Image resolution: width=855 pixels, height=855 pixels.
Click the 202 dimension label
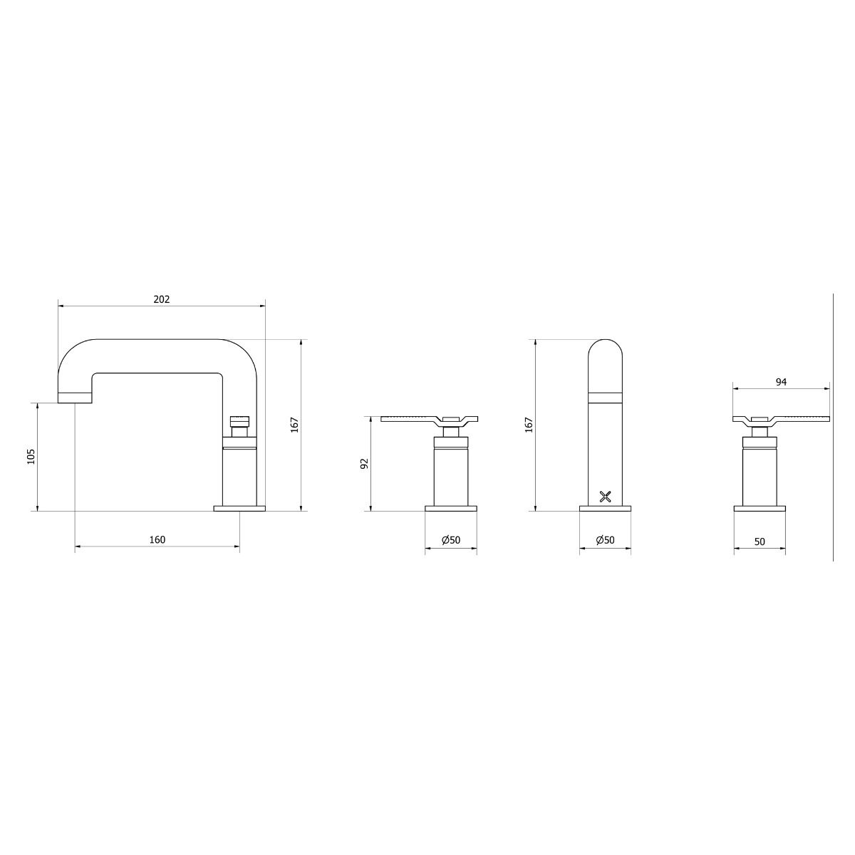click(162, 299)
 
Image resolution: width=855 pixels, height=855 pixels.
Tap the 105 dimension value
click(31, 457)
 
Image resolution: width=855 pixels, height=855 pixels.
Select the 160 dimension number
click(157, 539)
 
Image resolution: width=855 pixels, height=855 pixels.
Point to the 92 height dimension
click(364, 464)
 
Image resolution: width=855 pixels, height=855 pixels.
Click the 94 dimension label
click(781, 382)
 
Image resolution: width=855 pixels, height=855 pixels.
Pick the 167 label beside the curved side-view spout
click(295, 425)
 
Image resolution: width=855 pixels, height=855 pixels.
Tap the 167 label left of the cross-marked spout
click(529, 425)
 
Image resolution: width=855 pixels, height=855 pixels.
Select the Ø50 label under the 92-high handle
click(451, 540)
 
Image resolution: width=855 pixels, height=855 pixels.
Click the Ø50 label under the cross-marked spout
click(605, 540)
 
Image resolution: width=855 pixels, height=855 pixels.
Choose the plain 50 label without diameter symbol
click(760, 541)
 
